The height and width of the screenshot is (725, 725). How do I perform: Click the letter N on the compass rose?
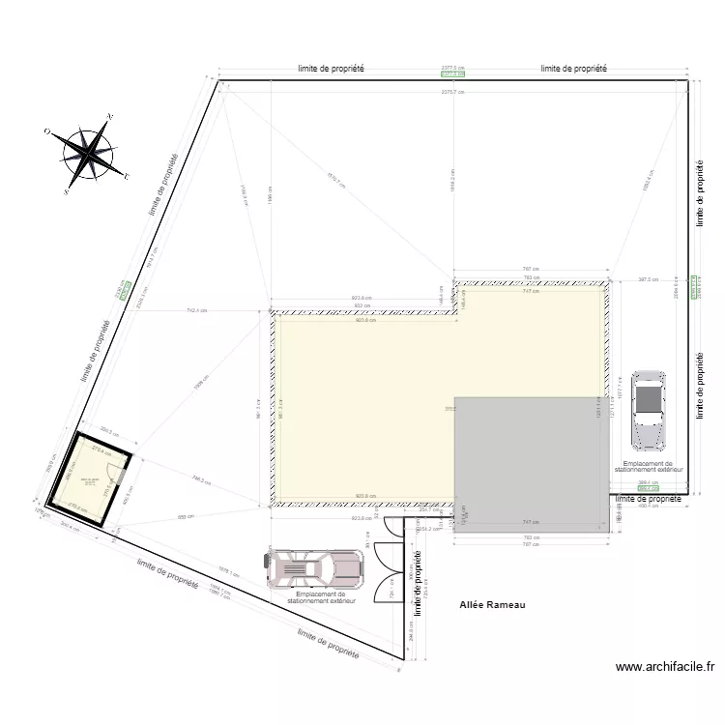pyautogui.click(x=110, y=117)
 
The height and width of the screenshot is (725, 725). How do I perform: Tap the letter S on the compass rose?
pyautogui.click(x=66, y=192)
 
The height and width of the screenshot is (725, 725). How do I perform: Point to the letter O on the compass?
pyautogui.click(x=46, y=130)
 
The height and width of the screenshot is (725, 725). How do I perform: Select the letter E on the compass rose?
pyautogui.click(x=127, y=177)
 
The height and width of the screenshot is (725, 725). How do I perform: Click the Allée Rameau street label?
pyautogui.click(x=492, y=606)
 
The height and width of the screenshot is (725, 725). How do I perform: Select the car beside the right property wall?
pyautogui.click(x=648, y=410)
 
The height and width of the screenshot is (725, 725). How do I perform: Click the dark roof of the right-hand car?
pyautogui.click(x=648, y=398)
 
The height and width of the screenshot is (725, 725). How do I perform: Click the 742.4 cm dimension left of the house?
pyautogui.click(x=198, y=310)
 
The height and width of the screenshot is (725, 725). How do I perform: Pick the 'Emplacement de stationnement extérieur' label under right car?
pyautogui.click(x=648, y=467)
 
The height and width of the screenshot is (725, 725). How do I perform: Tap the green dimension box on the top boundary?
pyautogui.click(x=452, y=73)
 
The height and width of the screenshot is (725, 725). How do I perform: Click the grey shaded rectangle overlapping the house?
pyautogui.click(x=530, y=464)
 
